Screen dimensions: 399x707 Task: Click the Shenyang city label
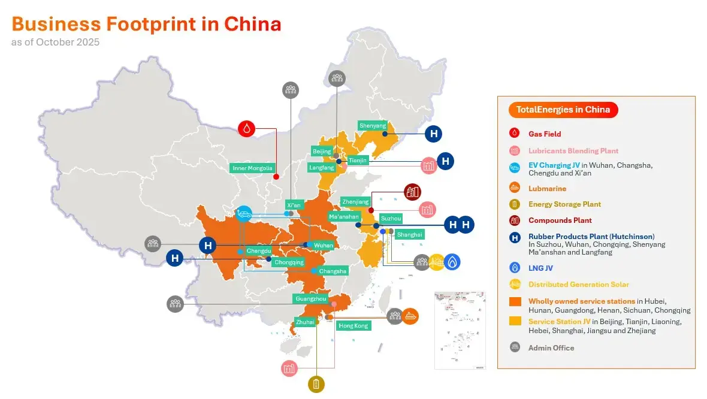tap(373, 126)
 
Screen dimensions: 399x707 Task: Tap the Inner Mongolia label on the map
tap(252, 168)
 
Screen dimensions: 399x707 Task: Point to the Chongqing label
tap(289, 262)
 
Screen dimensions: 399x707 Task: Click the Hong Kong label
tap(353, 326)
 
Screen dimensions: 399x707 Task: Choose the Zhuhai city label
tap(305, 322)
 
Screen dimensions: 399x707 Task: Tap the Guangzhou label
tap(310, 298)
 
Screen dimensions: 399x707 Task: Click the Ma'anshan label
tap(344, 216)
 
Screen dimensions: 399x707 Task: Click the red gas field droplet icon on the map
tap(247, 128)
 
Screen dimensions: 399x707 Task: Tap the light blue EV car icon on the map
tap(244, 213)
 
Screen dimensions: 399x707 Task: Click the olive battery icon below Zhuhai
tap(316, 384)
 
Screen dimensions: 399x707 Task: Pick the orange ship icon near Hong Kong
tap(410, 316)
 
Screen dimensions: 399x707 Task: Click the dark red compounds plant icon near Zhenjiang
tap(413, 192)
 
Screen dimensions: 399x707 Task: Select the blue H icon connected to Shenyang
tap(433, 134)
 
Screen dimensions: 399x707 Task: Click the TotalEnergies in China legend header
tap(563, 110)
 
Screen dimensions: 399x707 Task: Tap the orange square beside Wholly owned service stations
tap(515, 301)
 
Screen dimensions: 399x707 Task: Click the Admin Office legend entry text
tap(551, 347)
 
